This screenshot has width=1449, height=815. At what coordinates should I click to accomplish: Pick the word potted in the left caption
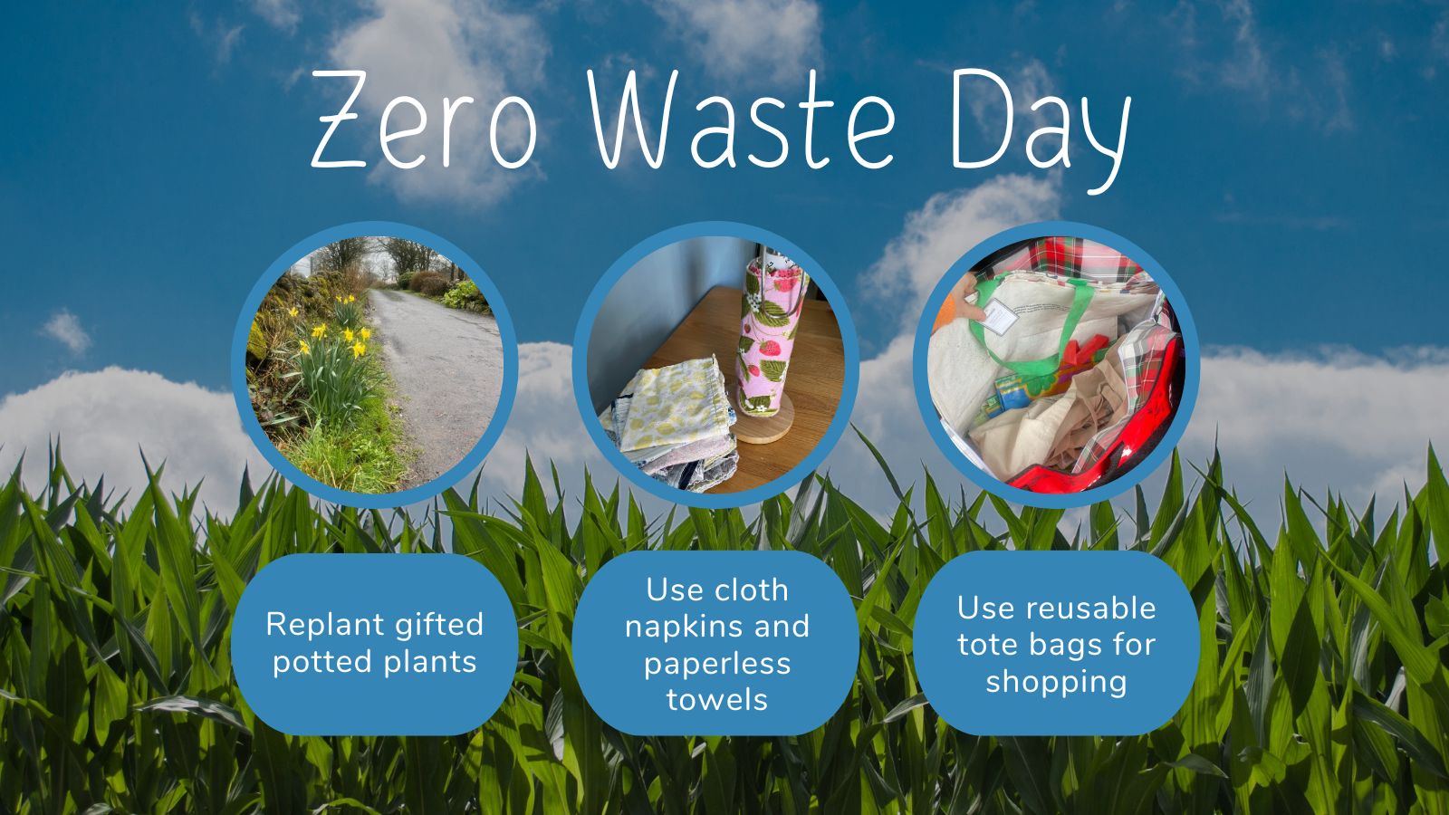[322, 662]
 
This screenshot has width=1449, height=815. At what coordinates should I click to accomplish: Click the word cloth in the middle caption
[753, 590]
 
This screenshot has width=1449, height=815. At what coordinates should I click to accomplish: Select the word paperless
[716, 665]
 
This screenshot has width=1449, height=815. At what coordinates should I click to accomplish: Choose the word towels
[716, 700]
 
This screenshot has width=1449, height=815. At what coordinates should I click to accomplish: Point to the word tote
[988, 645]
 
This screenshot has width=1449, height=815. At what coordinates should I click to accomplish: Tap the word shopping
[1056, 683]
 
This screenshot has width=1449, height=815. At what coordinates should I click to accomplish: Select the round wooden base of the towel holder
[764, 423]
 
